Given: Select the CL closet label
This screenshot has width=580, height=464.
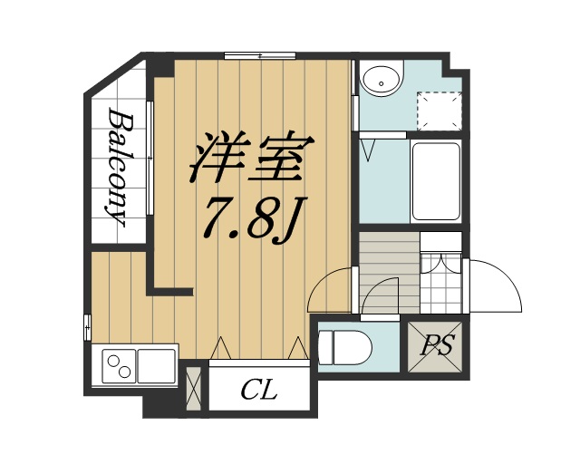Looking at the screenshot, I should (259, 391).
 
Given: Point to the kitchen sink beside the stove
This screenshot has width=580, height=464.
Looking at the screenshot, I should (158, 368).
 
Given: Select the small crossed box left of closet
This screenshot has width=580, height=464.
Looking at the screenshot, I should (192, 387).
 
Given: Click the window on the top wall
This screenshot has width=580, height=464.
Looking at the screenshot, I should (262, 56).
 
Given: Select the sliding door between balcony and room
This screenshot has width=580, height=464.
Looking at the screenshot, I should (150, 159).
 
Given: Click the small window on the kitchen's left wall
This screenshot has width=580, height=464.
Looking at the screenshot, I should (88, 324).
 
